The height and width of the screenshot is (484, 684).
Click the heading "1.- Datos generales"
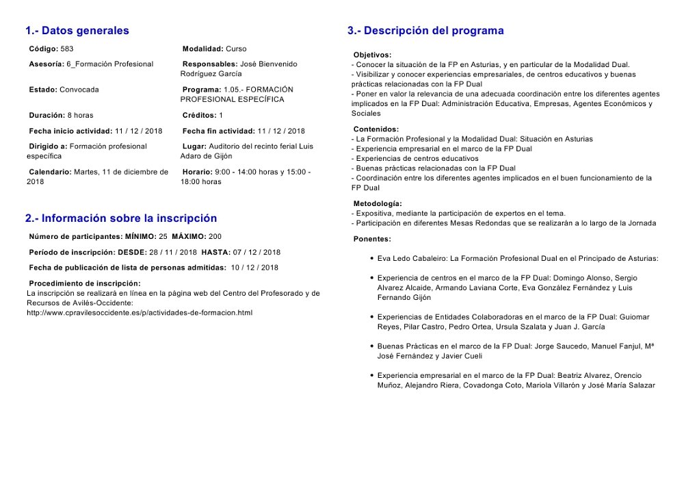click(x=77, y=31)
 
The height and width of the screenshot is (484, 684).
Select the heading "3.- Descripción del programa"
click(x=425, y=31)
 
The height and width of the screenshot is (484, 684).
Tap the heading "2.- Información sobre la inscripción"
click(x=121, y=218)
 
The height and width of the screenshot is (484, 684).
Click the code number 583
click(x=67, y=49)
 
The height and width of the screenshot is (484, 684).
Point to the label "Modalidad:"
click(x=203, y=49)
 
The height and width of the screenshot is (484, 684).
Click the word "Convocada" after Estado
click(x=79, y=90)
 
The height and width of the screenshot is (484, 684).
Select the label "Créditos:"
click(x=200, y=115)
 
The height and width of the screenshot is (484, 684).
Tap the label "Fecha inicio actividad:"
click(x=70, y=131)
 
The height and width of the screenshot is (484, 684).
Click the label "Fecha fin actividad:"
click(x=219, y=131)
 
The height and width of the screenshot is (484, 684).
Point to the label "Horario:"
click(x=198, y=172)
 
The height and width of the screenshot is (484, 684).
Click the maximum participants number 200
click(x=215, y=236)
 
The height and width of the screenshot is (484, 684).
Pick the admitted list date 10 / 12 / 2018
click(x=254, y=268)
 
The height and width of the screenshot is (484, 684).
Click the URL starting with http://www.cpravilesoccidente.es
click(x=139, y=313)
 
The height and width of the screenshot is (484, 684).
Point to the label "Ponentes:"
click(x=372, y=239)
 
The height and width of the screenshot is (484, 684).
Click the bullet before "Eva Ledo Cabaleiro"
click(x=371, y=259)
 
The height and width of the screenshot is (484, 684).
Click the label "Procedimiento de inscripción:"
click(x=84, y=283)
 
